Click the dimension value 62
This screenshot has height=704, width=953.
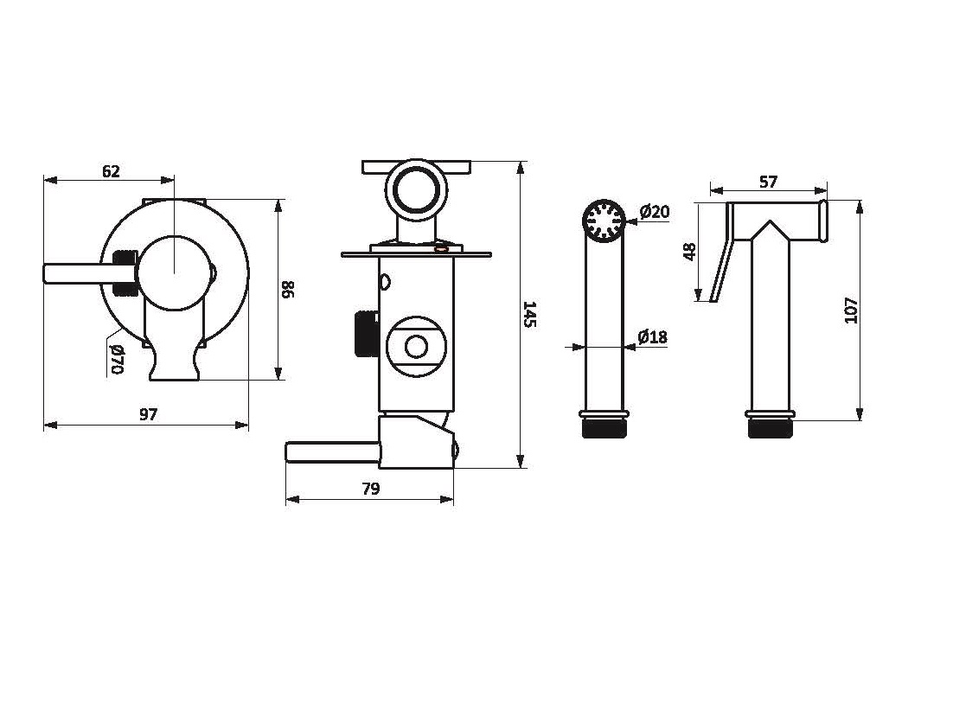coord(111,171)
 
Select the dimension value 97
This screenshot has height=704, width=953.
coord(149,414)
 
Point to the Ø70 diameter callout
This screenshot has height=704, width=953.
coord(118,358)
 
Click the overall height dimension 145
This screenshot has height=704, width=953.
coord(531,314)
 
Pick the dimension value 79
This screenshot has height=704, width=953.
coord(370,489)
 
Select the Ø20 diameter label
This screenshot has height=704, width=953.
coord(655,212)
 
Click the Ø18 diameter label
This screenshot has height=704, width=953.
coord(653,337)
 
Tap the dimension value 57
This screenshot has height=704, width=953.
coord(768,182)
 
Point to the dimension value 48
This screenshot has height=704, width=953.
coord(689,252)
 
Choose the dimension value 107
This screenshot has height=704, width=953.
coord(851,310)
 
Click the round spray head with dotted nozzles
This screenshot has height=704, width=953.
coord(603,220)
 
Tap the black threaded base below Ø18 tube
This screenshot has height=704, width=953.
coord(603,427)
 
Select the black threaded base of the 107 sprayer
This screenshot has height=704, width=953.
coord(770,427)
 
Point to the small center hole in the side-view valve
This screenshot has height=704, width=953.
coord(416,347)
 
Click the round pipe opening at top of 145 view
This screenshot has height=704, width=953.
coord(416,189)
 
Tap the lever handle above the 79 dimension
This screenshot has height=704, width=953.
coord(329,452)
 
